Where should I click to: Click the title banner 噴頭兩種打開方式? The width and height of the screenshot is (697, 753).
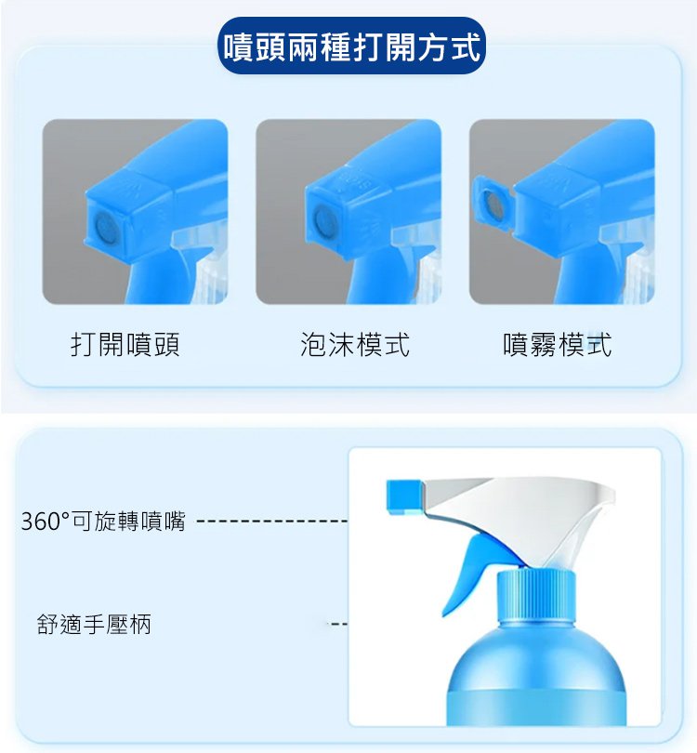coord(352,46)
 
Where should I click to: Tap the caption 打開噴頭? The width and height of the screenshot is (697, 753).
coord(125,344)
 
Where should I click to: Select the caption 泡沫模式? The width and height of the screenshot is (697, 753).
coord(355,344)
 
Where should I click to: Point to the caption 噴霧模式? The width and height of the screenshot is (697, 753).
coord(558,344)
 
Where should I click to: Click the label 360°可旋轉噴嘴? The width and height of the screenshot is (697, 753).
coord(103,521)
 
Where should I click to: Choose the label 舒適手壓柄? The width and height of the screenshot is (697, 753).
coord(94,625)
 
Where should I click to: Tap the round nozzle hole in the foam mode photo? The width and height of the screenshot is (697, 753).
coord(323,221)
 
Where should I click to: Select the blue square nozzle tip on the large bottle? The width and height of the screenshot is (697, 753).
coord(404,497)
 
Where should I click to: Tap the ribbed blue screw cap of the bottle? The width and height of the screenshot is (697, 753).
coord(535,597)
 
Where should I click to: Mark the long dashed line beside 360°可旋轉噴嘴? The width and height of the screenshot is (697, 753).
coord(272,521)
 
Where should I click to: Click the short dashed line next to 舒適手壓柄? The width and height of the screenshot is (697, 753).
coord(337,625)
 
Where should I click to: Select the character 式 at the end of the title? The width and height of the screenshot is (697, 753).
coord(467,47)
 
